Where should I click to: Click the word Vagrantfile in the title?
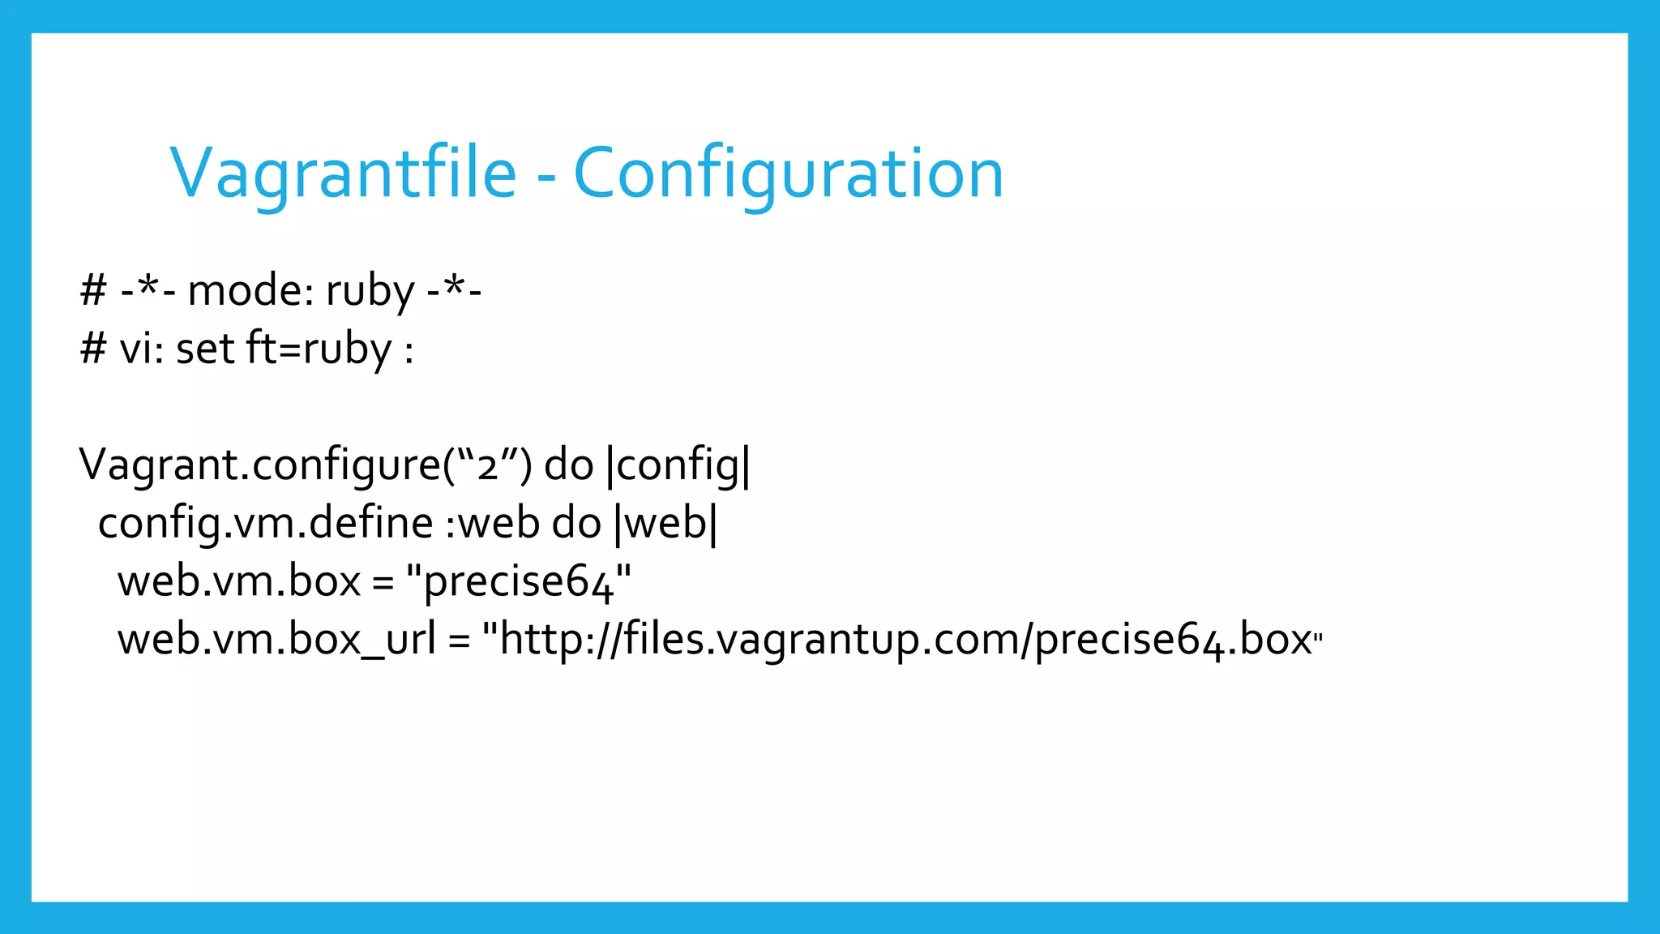tap(343, 174)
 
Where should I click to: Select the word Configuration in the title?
tap(789, 174)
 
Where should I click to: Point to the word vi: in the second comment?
tap(142, 349)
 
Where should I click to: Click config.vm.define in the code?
tap(265, 523)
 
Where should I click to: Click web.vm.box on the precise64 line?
tap(238, 581)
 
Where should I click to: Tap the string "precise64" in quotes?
tap(519, 581)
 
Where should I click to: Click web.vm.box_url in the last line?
tap(276, 640)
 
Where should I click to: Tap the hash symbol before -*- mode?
tap(93, 290)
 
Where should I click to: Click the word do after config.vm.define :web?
tap(576, 523)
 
